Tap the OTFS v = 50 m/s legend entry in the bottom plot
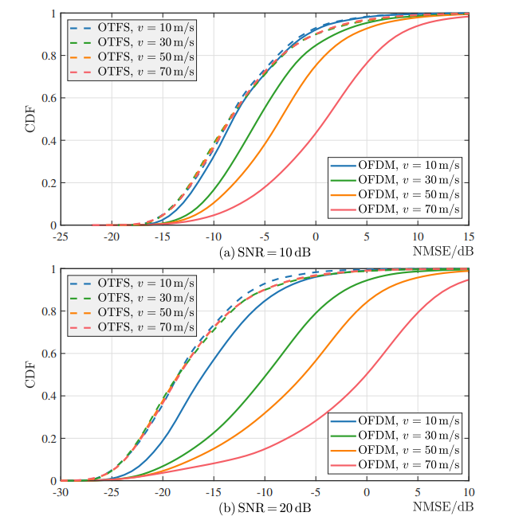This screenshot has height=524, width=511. pyautogui.click(x=132, y=311)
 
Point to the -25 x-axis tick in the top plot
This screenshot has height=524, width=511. pyautogui.click(x=60, y=237)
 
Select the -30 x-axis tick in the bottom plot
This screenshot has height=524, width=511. pyautogui.click(x=60, y=492)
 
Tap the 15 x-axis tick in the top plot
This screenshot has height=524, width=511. pyautogui.click(x=469, y=237)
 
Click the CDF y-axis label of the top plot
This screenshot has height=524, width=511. pyautogui.click(x=30, y=119)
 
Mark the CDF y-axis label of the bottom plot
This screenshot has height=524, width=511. pyautogui.click(x=30, y=375)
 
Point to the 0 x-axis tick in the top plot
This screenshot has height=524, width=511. pyautogui.click(x=316, y=237)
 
